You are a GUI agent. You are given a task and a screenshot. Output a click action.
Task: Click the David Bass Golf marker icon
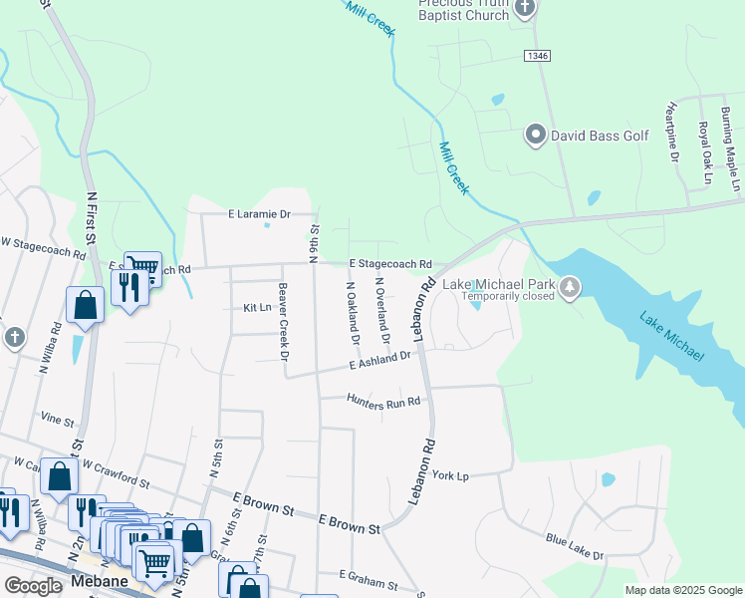pos(535,135)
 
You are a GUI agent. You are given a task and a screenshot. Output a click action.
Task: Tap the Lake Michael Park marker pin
pos(569,288)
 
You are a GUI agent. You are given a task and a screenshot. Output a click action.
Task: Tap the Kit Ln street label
pos(257,309)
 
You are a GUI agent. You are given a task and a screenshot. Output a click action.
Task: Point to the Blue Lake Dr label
pos(574,547)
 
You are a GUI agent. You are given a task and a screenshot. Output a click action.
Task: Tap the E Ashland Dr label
pos(379,361)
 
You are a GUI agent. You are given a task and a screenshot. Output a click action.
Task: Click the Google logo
pos(33,586)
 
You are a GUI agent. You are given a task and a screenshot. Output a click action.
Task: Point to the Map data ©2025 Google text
pos(682,590)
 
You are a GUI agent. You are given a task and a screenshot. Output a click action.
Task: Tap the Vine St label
pos(58,420)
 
